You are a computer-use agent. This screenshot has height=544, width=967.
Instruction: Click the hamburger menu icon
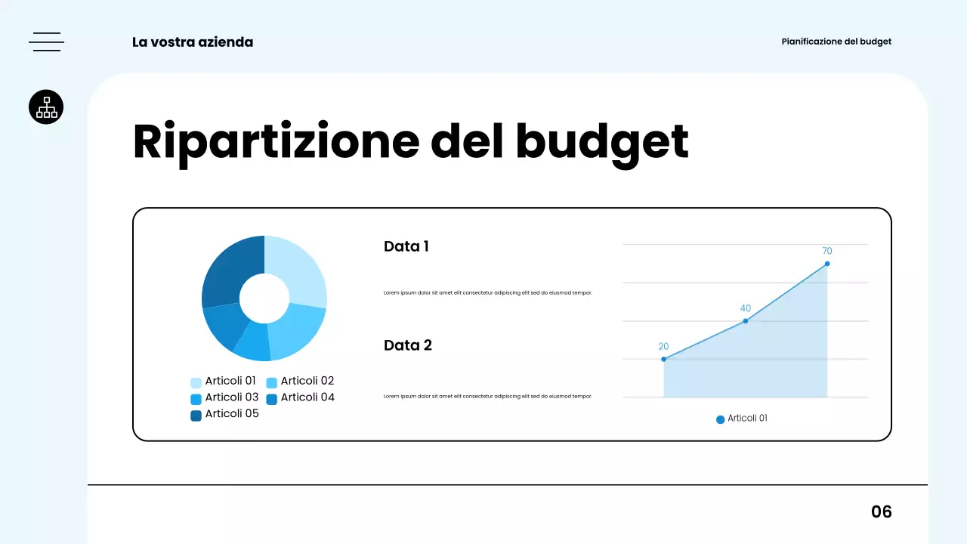pos(46,42)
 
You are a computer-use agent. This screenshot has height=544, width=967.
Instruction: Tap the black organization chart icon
pos(46,107)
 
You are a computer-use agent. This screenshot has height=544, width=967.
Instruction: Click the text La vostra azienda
pos(193,42)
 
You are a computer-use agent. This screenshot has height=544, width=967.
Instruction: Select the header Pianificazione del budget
pos(836,42)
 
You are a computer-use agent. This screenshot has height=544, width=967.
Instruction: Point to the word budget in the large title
pos(602,141)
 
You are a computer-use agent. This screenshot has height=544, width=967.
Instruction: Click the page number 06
pos(882,512)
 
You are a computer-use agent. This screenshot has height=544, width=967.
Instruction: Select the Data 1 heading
pos(406,246)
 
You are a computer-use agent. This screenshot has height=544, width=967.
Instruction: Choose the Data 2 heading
pos(408,345)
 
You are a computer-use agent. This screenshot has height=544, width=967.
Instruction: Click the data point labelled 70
pos(827,264)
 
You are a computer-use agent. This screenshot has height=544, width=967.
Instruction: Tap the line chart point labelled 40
pos(746,321)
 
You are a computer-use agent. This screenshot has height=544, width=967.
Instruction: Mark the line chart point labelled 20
pos(664,359)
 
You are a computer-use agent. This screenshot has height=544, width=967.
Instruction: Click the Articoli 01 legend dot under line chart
pos(720,419)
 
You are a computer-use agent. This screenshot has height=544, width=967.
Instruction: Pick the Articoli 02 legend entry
pos(300,382)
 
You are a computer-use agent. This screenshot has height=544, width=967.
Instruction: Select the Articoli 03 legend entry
pos(224,397)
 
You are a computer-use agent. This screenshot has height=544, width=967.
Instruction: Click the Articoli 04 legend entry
pos(300,397)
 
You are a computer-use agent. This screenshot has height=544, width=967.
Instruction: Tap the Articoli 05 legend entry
pos(224,414)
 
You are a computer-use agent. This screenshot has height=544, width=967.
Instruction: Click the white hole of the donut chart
pos(264,298)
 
